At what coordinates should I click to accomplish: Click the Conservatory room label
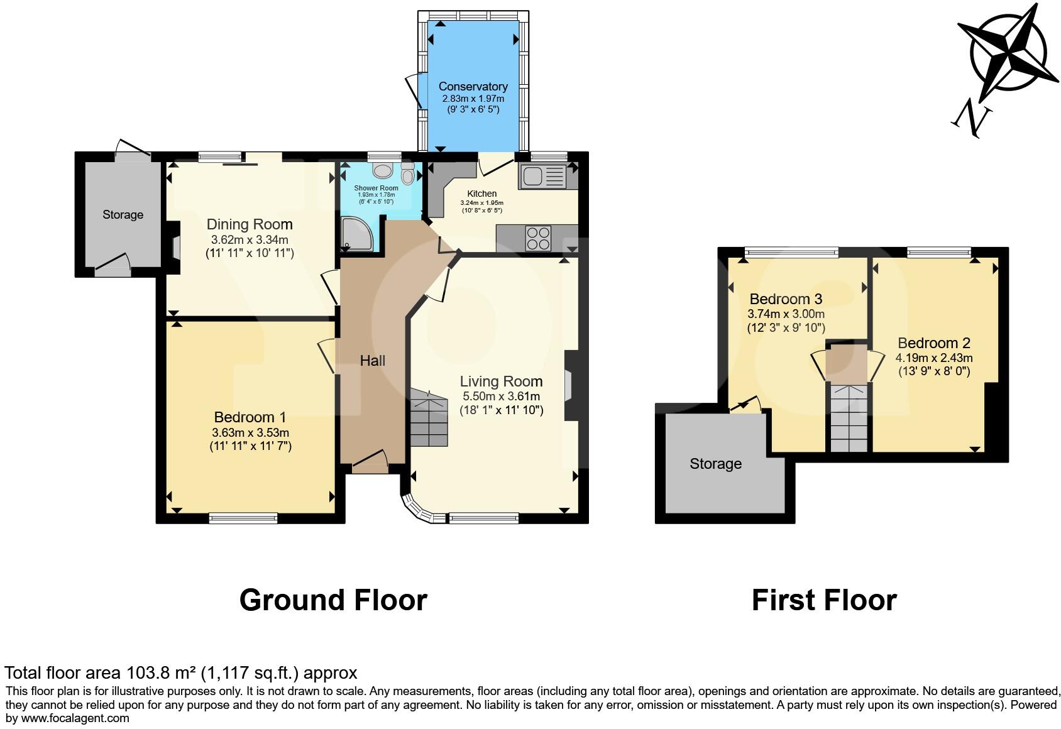click(x=473, y=87)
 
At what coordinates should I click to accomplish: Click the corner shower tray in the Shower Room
click(x=356, y=233)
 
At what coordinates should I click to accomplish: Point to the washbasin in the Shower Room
click(x=382, y=170)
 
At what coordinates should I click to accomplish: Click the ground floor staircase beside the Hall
click(x=429, y=418)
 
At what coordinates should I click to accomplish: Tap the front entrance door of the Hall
click(x=369, y=465)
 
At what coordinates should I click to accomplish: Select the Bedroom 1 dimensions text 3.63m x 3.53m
click(x=250, y=432)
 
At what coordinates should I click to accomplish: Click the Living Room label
click(x=501, y=381)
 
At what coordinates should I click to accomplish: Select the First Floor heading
click(x=823, y=600)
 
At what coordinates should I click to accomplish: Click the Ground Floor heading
click(x=333, y=600)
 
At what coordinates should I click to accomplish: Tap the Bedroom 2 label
click(x=933, y=343)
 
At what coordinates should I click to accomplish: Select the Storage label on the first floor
click(x=715, y=464)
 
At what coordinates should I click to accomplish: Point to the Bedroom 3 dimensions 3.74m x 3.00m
click(x=786, y=314)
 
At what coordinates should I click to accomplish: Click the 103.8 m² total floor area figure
click(x=161, y=673)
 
